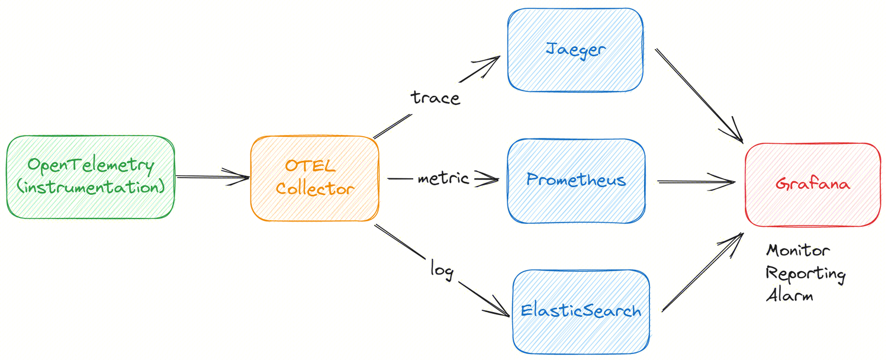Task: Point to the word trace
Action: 436,97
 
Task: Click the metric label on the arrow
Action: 443,178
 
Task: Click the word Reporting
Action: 806,274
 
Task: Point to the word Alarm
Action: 789,295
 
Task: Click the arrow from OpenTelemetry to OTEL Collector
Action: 212,176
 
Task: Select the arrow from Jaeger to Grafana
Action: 699,95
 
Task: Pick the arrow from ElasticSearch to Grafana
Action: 702,272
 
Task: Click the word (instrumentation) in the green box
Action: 90,187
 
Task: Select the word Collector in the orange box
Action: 315,189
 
